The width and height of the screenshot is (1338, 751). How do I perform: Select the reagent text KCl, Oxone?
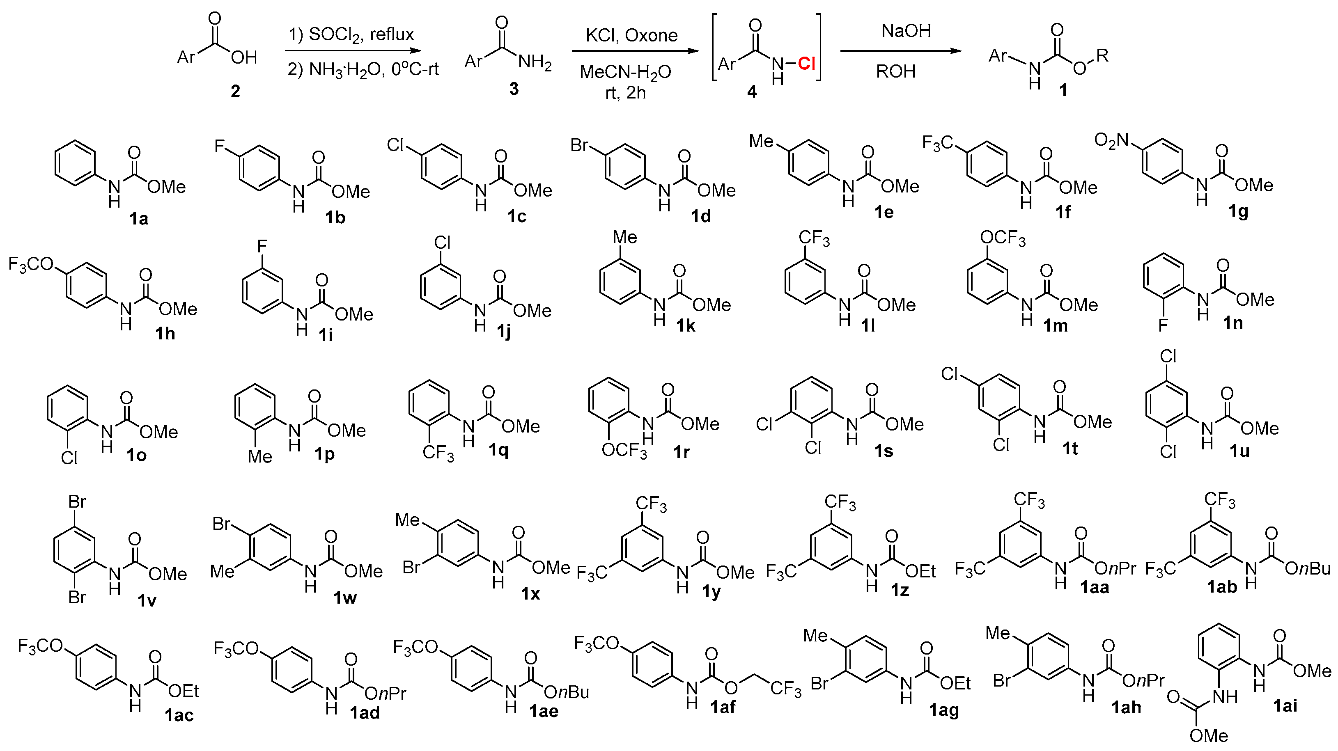(631, 35)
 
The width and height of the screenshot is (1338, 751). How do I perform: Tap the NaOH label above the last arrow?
(906, 31)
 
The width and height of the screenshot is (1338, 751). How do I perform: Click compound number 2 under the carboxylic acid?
(235, 92)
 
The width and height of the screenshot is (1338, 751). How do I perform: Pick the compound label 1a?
(139, 219)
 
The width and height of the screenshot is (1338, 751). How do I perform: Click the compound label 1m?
(1056, 326)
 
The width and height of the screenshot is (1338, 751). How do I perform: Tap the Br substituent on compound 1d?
(580, 145)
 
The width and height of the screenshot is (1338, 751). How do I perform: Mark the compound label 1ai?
(1285, 705)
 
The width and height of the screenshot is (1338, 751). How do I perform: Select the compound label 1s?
(884, 451)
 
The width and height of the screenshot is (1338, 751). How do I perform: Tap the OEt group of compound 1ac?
(184, 691)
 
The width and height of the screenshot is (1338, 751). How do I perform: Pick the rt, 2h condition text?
(625, 93)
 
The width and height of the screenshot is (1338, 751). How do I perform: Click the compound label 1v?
(147, 600)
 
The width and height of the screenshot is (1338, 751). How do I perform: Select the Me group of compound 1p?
(260, 456)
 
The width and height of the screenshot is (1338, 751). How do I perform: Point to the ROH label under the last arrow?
(895, 71)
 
